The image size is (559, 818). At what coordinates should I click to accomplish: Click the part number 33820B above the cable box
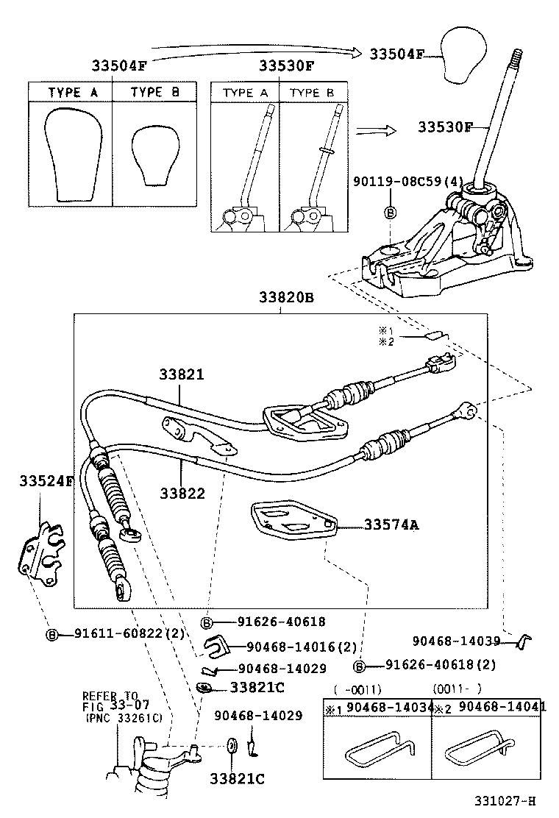click(x=285, y=298)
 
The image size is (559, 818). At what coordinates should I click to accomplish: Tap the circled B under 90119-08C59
click(x=391, y=213)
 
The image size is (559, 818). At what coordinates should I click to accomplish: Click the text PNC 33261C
click(x=123, y=717)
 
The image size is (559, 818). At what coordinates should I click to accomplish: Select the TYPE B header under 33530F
click(x=312, y=93)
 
